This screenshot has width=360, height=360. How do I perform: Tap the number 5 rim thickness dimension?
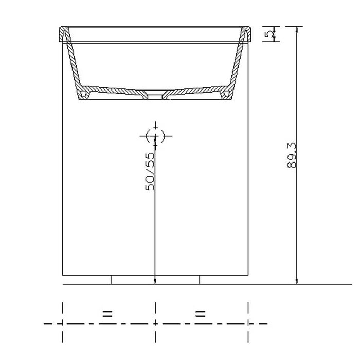(x=268, y=34)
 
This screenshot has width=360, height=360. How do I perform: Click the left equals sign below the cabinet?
(x=107, y=313)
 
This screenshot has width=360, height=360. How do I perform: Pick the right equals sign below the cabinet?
(x=201, y=313)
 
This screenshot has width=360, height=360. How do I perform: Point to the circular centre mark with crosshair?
(x=155, y=136)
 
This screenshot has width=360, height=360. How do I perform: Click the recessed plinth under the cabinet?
(x=155, y=279)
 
